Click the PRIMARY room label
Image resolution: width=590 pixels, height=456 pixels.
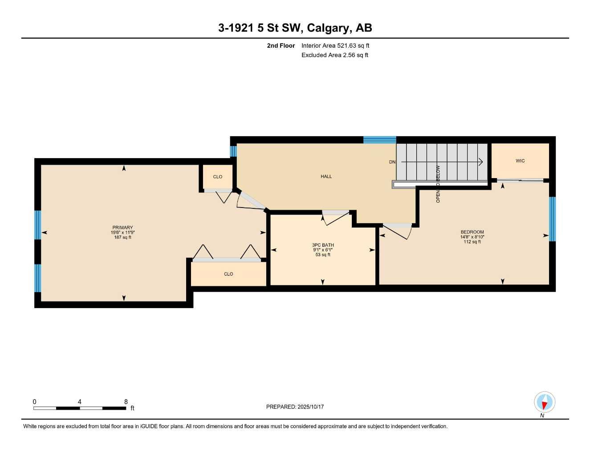click(122, 228)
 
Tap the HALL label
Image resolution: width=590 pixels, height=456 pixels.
click(326, 176)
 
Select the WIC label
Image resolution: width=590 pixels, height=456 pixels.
click(520, 161)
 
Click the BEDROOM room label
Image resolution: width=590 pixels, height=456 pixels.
click(472, 232)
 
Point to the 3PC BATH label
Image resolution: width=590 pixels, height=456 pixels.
click(323, 245)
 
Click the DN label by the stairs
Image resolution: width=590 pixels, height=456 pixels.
click(392, 162)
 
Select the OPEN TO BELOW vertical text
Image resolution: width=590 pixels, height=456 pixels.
click(438, 184)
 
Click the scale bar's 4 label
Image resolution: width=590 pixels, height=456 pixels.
click(80, 402)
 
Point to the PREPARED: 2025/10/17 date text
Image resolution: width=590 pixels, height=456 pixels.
click(295, 407)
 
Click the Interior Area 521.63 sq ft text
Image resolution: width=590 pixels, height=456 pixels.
click(335, 45)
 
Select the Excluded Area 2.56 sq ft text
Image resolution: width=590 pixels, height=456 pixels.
click(335, 55)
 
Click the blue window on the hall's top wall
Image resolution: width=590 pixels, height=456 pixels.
click(379, 140)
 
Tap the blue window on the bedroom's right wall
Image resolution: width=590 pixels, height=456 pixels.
click(552, 219)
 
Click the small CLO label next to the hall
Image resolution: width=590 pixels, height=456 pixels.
click(218, 177)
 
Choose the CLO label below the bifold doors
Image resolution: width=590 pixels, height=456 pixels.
click(228, 274)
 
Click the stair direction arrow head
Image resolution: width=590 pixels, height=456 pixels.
click(481, 162)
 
